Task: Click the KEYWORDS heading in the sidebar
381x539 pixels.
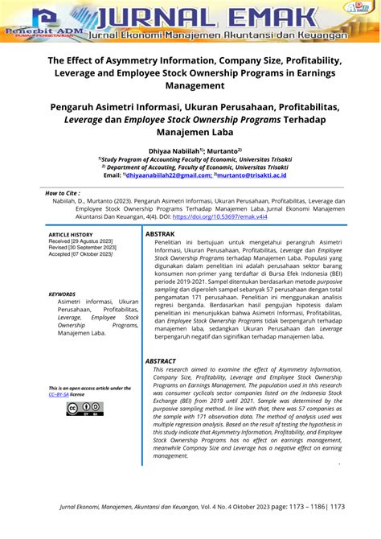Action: (63, 294)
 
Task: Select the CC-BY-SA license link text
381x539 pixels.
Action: (59, 394)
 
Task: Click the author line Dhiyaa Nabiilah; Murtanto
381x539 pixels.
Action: (190, 150)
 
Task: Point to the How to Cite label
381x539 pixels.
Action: (62, 194)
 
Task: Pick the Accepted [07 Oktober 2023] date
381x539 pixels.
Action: (82, 254)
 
